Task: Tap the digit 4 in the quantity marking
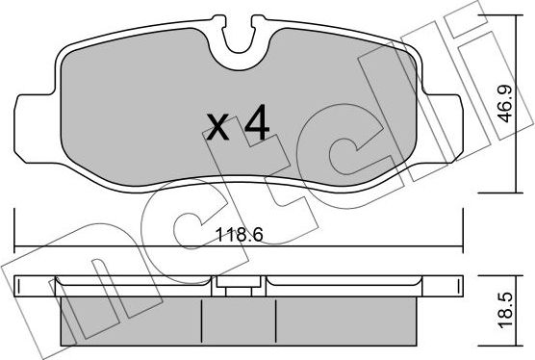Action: click(255, 122)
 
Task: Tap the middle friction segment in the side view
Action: click(239, 318)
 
